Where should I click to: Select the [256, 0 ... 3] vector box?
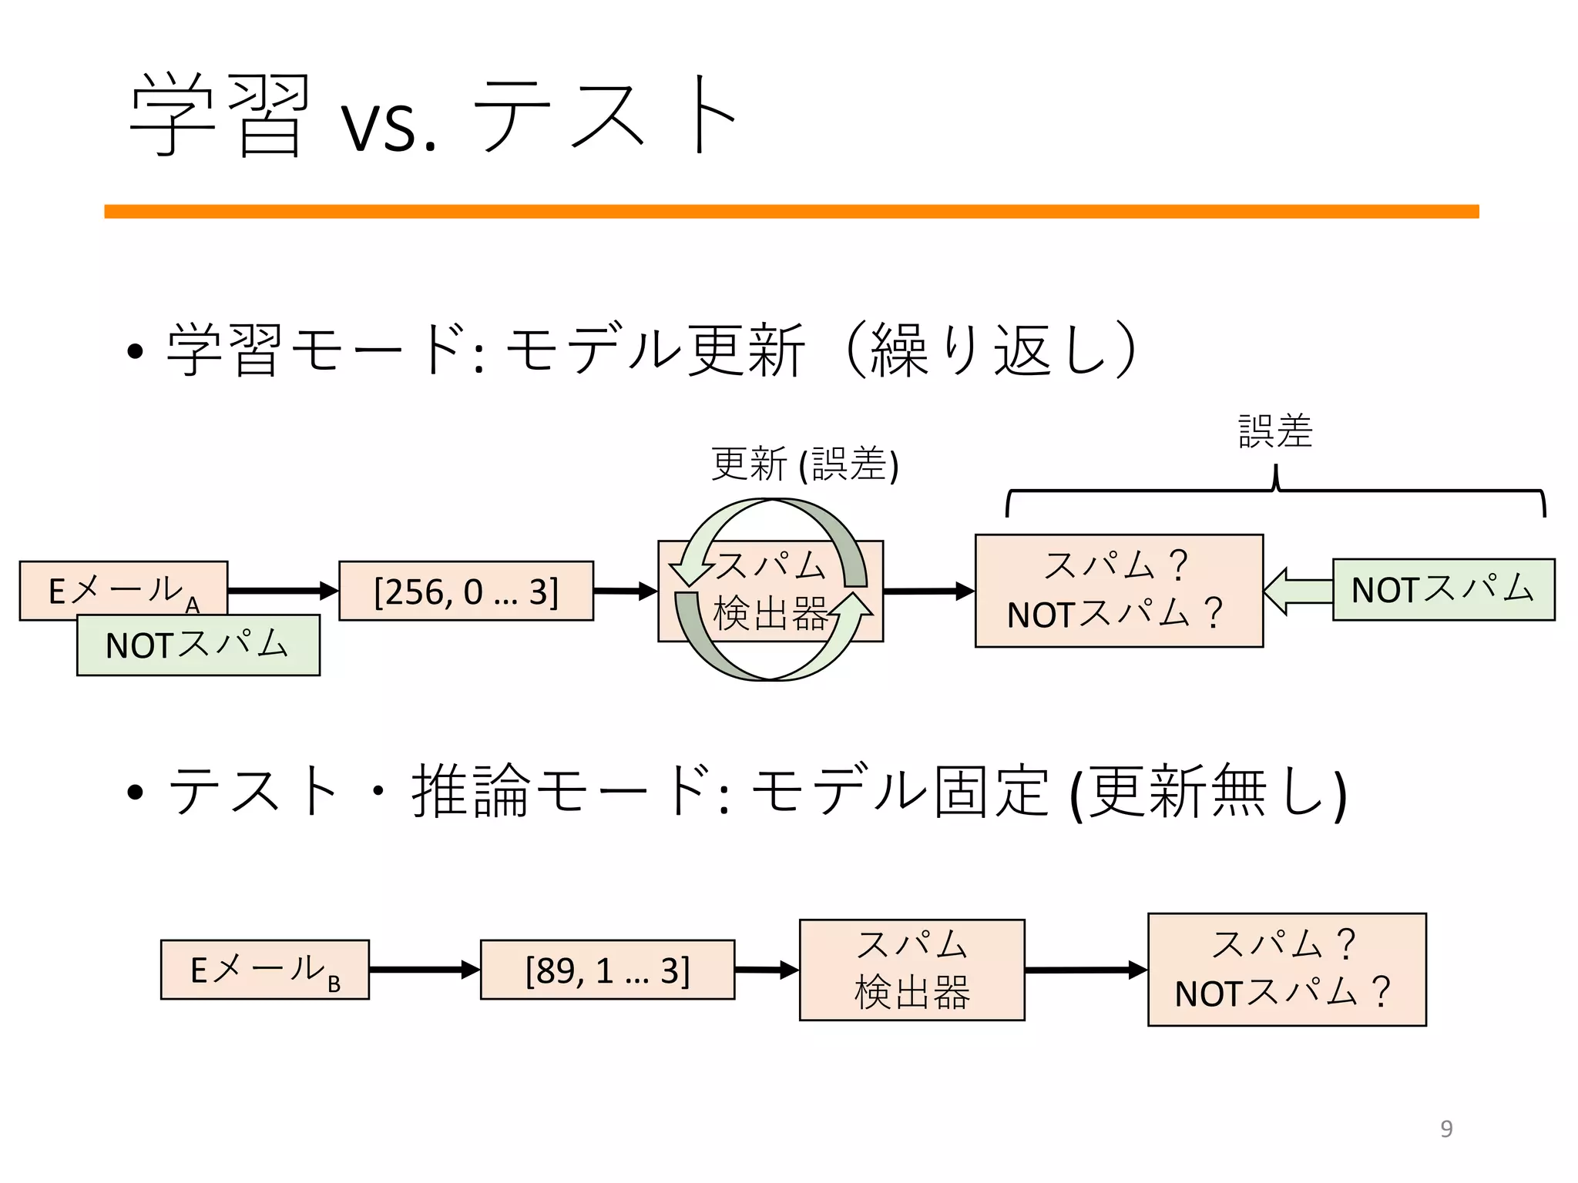pyautogui.click(x=466, y=591)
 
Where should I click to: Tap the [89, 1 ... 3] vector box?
pyautogui.click(x=607, y=970)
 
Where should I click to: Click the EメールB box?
pyautogui.click(x=264, y=970)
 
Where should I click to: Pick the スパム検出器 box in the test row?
pyautogui.click(x=912, y=970)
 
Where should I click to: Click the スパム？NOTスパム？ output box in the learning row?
pyautogui.click(x=1119, y=591)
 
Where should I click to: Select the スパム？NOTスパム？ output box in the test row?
pyautogui.click(x=1287, y=970)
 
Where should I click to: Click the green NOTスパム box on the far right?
pyautogui.click(x=1443, y=590)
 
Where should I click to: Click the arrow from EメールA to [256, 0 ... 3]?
pyautogui.click(x=283, y=591)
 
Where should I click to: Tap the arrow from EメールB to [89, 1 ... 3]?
pyautogui.click(x=424, y=970)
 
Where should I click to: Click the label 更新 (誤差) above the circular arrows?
pyautogui.click(x=804, y=464)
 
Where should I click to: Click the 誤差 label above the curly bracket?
pyautogui.click(x=1275, y=431)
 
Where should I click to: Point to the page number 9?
pyautogui.click(x=1446, y=1129)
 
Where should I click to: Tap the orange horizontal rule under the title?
pyautogui.click(x=791, y=212)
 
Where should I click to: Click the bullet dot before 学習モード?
pyautogui.click(x=136, y=352)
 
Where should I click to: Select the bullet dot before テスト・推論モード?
pyautogui.click(x=136, y=793)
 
